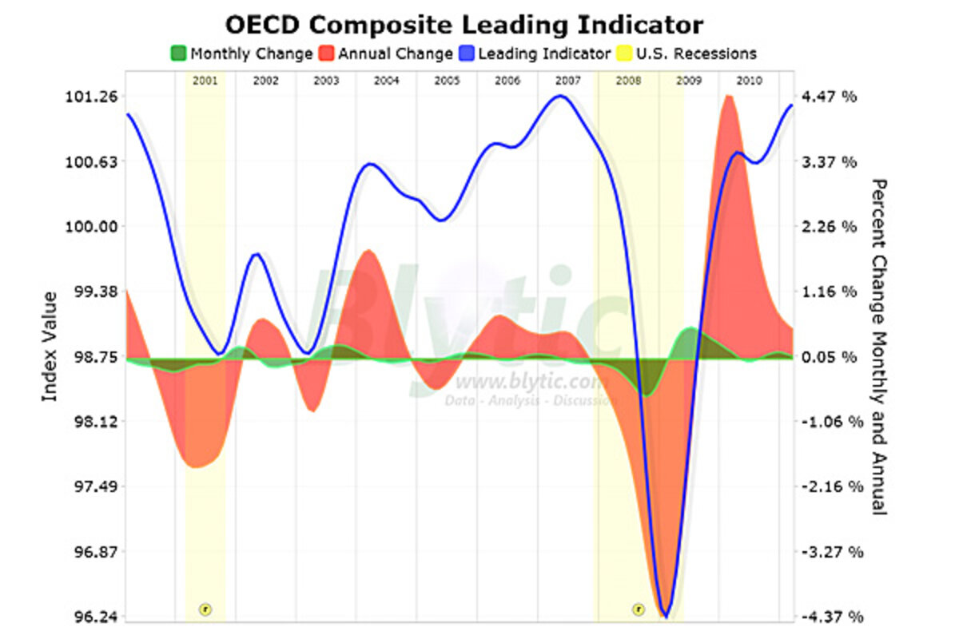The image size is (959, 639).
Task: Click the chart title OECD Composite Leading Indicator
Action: [x=464, y=25]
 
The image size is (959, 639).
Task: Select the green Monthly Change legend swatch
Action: [x=177, y=54]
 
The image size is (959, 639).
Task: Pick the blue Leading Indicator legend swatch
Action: [x=467, y=54]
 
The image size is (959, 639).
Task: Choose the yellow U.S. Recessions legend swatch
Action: [x=623, y=54]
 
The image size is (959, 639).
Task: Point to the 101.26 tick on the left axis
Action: [x=95, y=97]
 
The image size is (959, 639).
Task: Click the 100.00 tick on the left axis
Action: [x=95, y=226]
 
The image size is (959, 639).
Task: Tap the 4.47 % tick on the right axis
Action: [x=830, y=97]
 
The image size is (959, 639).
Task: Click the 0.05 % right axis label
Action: [x=830, y=356]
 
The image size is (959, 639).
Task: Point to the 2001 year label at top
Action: [x=205, y=81]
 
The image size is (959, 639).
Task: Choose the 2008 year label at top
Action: [x=628, y=81]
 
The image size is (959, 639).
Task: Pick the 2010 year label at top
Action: [x=749, y=81]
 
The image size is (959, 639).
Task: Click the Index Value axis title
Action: [x=50, y=347]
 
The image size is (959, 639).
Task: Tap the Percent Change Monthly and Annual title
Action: [x=879, y=347]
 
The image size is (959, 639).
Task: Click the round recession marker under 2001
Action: [x=205, y=609]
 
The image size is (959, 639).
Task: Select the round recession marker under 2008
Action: [x=638, y=609]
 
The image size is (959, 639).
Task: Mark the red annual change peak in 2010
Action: [x=728, y=97]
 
